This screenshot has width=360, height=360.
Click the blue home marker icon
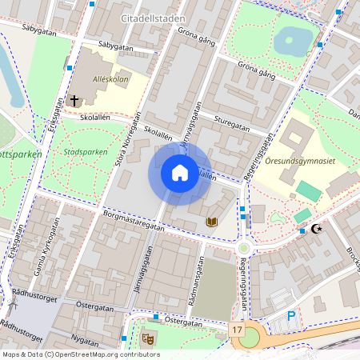point(179,173)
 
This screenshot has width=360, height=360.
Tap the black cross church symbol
point(74,101)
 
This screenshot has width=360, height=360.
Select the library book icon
point(212,221)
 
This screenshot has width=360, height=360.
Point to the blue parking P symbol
point(291,317)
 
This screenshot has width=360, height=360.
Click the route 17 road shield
point(237,330)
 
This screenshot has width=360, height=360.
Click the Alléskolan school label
point(110,80)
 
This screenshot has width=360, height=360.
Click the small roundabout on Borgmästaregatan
point(243,250)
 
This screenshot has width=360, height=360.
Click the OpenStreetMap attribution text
point(80,354)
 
